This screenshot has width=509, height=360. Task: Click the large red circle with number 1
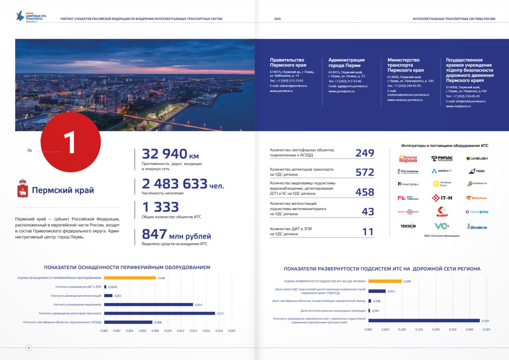[71, 142]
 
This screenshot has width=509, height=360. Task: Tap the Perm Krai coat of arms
[22, 188]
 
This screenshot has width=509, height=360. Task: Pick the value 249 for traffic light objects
[365, 153]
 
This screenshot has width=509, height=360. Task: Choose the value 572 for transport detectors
[365, 172]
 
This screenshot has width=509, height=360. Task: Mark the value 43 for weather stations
[368, 212]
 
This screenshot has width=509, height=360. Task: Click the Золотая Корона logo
[408, 158]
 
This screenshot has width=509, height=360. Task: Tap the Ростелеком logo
[408, 171]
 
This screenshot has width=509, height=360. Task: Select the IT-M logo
[442, 198]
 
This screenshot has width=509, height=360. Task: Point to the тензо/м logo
[408, 226]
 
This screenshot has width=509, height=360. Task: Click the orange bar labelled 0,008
[130, 278]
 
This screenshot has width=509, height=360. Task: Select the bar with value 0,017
[159, 313]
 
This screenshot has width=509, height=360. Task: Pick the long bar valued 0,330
[424, 320]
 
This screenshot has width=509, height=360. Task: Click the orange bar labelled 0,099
[385, 281]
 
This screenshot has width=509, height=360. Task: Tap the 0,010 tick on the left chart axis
[168, 331]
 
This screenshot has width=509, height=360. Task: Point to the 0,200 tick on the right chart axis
[436, 329]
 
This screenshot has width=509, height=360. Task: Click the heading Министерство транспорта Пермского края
[406, 65]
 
